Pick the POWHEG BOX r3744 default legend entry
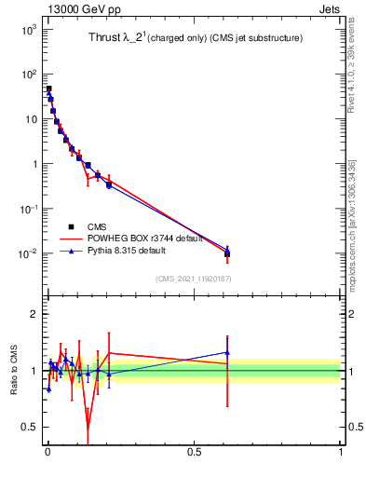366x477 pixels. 138,238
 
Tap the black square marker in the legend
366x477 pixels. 71,226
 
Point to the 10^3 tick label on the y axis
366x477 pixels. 28,30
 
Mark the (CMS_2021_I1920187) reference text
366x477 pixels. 193,279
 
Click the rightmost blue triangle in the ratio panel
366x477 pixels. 227,352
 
